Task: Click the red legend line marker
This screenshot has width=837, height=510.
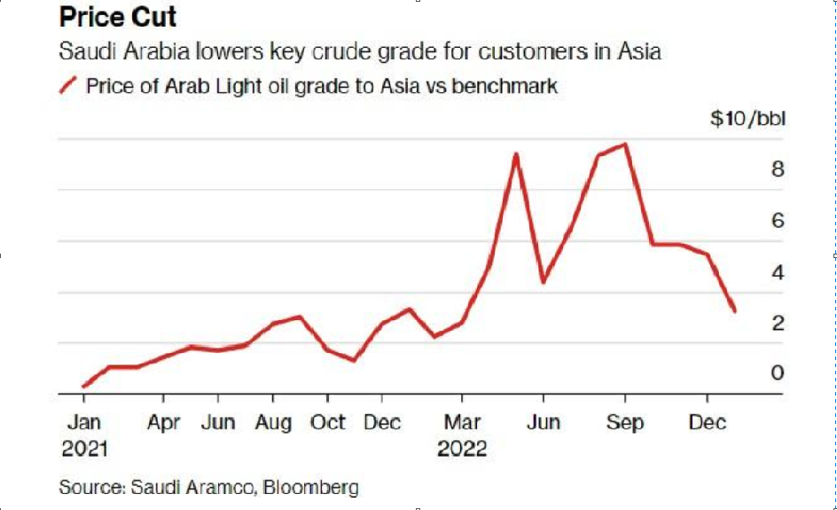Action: pyautogui.click(x=67, y=87)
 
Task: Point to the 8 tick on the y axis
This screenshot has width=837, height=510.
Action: pyautogui.click(x=778, y=169)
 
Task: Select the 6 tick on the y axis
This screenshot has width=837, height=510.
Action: pyautogui.click(x=778, y=220)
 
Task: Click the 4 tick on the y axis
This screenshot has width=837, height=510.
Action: pyautogui.click(x=778, y=271)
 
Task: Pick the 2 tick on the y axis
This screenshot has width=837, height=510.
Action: pyautogui.click(x=778, y=323)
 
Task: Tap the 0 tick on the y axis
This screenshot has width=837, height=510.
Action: pyautogui.click(x=778, y=373)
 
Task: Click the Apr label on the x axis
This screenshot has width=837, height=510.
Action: pyautogui.click(x=164, y=422)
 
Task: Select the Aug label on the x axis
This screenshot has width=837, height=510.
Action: pyautogui.click(x=273, y=422)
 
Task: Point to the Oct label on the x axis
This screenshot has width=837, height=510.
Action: pyautogui.click(x=328, y=422)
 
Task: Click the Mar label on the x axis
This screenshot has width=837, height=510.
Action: pyautogui.click(x=462, y=422)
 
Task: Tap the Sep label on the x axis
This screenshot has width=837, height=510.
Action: pyautogui.click(x=625, y=422)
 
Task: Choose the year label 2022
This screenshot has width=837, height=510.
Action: pyautogui.click(x=462, y=450)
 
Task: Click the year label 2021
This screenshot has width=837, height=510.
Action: pyautogui.click(x=84, y=450)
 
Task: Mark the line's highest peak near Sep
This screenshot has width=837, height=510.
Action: pyautogui.click(x=626, y=145)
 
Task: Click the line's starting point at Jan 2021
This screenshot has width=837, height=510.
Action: pyautogui.click(x=83, y=387)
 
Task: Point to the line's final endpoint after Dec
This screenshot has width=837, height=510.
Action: pyautogui.click(x=734, y=310)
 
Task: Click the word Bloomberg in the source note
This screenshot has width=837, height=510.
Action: pyautogui.click(x=308, y=487)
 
